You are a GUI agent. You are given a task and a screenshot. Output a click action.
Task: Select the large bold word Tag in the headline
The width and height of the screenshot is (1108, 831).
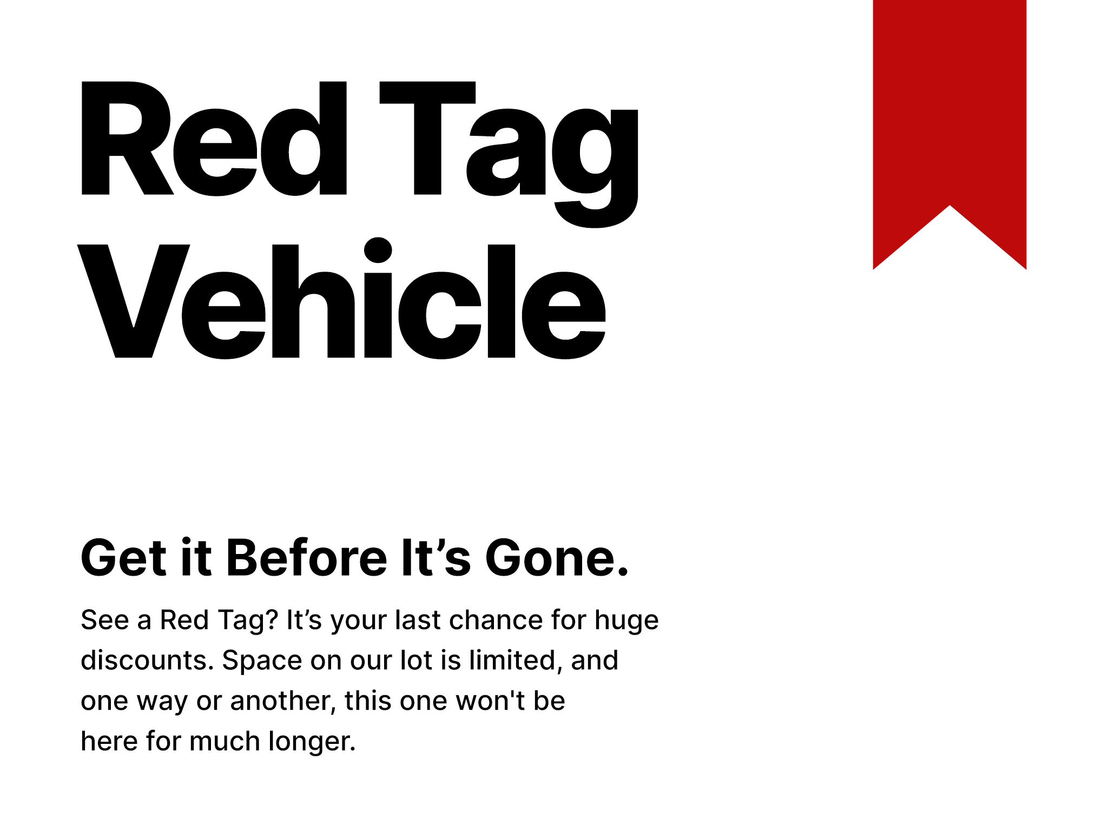[x=509, y=146]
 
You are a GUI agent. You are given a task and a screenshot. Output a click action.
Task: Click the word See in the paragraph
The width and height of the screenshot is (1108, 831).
[x=104, y=620]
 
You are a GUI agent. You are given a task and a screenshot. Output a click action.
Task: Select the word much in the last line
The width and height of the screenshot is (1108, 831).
[x=225, y=741]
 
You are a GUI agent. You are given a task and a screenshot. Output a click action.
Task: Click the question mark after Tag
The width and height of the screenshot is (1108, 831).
[x=272, y=620]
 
